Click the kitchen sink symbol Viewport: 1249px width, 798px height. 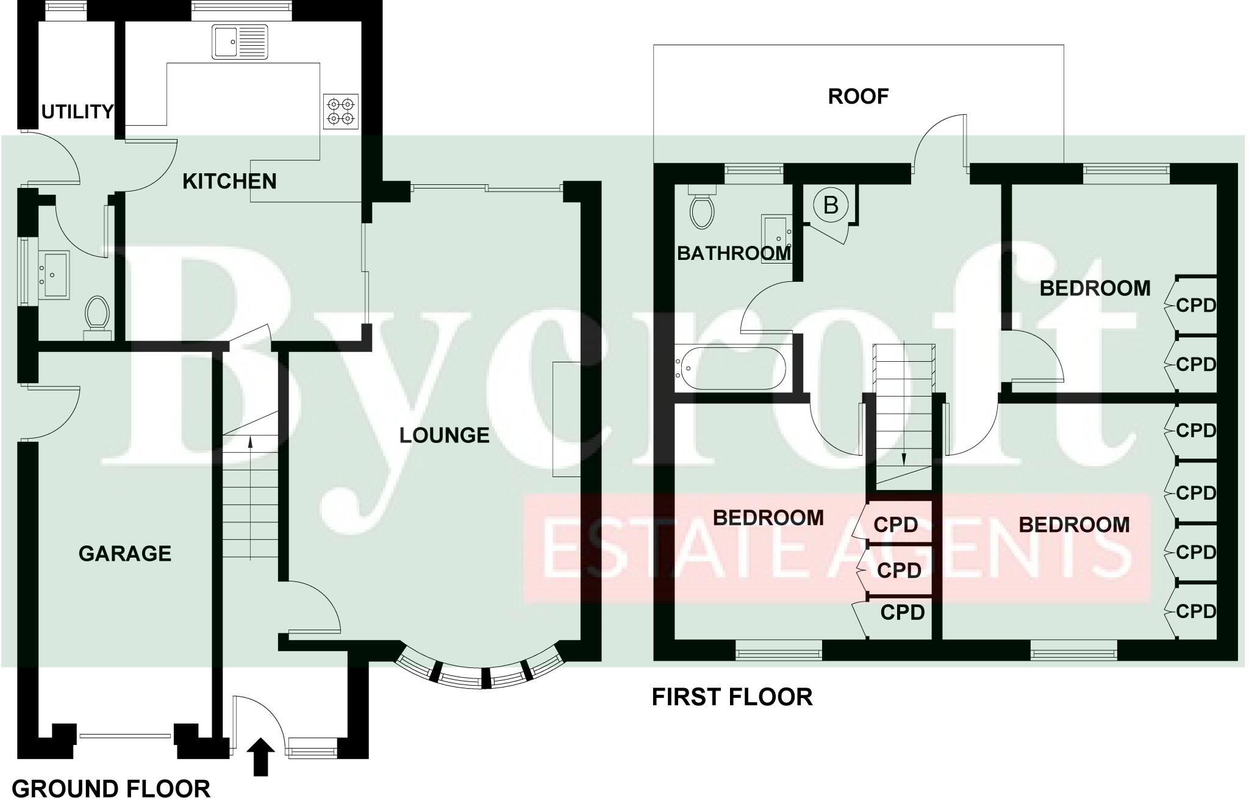(240, 41)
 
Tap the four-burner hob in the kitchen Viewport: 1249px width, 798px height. (341, 111)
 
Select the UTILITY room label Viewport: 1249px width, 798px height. (77, 112)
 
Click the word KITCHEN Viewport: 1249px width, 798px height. (229, 181)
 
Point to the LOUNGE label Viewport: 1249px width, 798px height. (444, 435)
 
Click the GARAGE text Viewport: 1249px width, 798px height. (125, 553)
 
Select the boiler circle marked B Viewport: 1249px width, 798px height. (831, 205)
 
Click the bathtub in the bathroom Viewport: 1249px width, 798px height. (731, 368)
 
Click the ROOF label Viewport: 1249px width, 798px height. (858, 96)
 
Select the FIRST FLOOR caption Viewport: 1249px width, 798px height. (732, 697)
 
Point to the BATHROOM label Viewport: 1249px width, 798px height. (734, 253)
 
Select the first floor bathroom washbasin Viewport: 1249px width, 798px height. (776, 237)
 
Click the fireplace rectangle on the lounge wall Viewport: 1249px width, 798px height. (567, 419)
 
